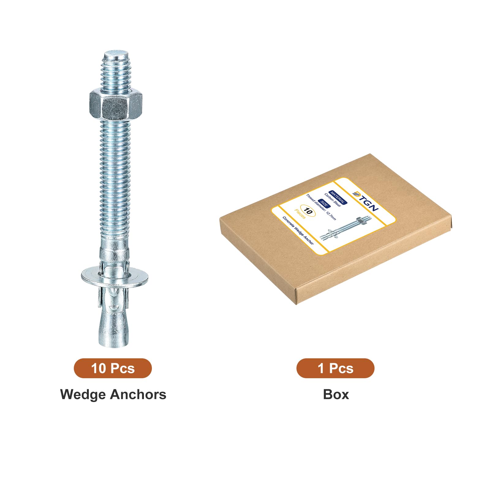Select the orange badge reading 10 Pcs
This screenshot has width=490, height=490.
click(x=113, y=368)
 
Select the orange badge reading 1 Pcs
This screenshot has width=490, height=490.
click(x=335, y=368)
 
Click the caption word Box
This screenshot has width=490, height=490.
click(x=336, y=394)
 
